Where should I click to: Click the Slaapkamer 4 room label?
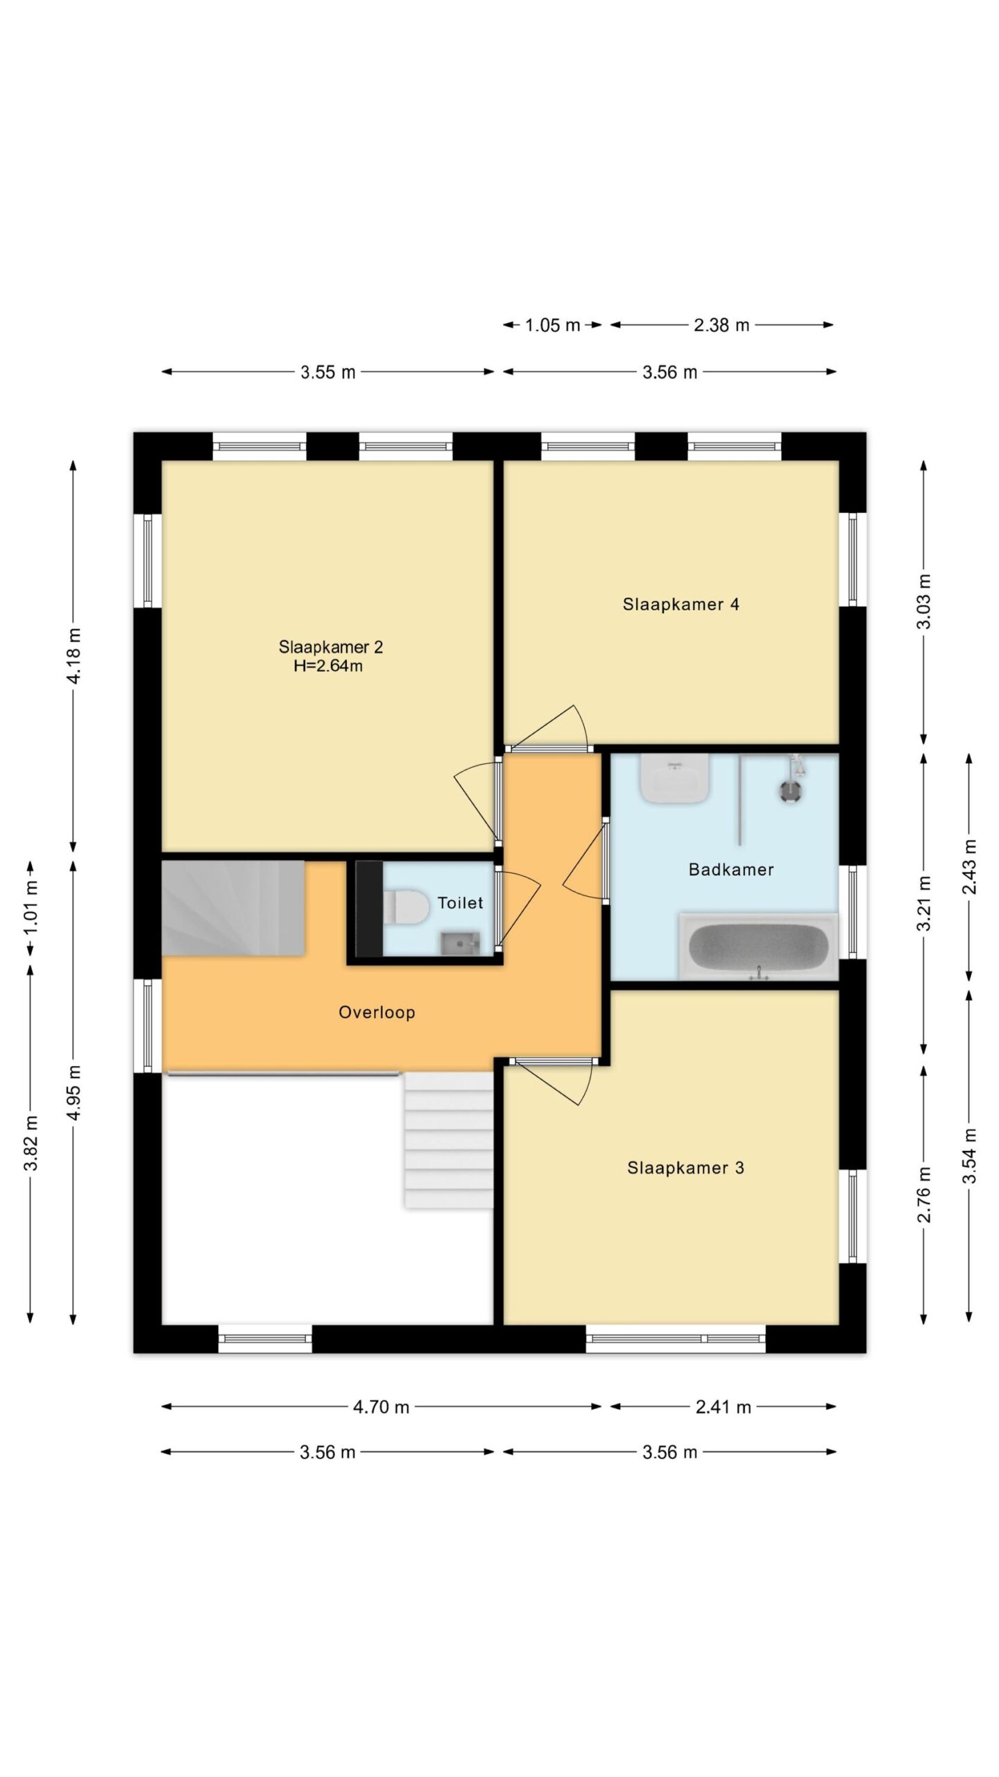(x=681, y=604)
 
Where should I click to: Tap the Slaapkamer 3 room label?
(x=685, y=1168)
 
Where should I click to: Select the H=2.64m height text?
(x=328, y=666)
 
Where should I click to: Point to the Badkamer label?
(x=731, y=869)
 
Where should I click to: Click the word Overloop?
(x=377, y=1012)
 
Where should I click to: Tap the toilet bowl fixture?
(x=406, y=908)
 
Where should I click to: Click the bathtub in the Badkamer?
(x=758, y=946)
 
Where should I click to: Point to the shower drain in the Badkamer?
(x=789, y=791)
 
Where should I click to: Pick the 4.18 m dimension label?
(x=74, y=655)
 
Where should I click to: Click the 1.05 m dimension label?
(x=552, y=325)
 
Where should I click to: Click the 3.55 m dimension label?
(x=327, y=373)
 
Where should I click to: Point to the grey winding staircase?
(x=233, y=908)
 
